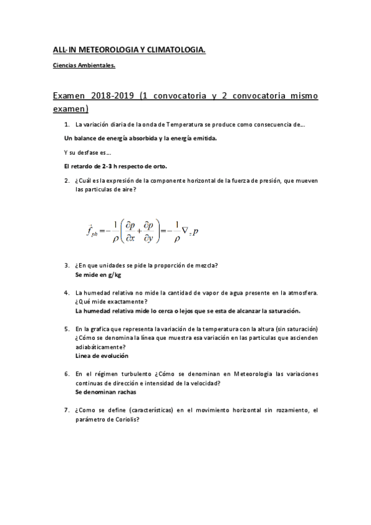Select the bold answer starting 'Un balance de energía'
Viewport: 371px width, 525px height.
[141, 137]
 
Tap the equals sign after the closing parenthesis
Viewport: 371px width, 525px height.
[165, 228]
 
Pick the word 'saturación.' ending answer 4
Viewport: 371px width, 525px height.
[282, 310]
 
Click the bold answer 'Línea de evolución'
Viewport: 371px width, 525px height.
[102, 356]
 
